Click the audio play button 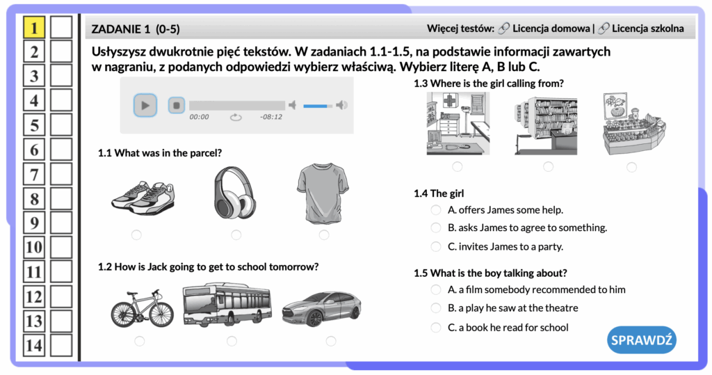pyautogui.click(x=145, y=106)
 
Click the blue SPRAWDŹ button pyautogui.click(x=641, y=340)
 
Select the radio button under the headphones pyautogui.click(x=236, y=234)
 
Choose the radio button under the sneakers pyautogui.click(x=136, y=234)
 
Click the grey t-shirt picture pyautogui.click(x=323, y=193)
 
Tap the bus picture pyautogui.click(x=227, y=305)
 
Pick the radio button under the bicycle pyautogui.click(x=139, y=341)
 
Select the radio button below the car pyautogui.click(x=331, y=341)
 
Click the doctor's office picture pyautogui.click(x=458, y=124)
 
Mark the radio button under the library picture pyautogui.click(x=548, y=167)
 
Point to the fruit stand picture pyautogui.click(x=633, y=124)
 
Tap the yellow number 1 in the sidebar pyautogui.click(x=34, y=27)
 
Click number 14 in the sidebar pyautogui.click(x=34, y=346)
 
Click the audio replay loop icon pyautogui.click(x=236, y=118)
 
